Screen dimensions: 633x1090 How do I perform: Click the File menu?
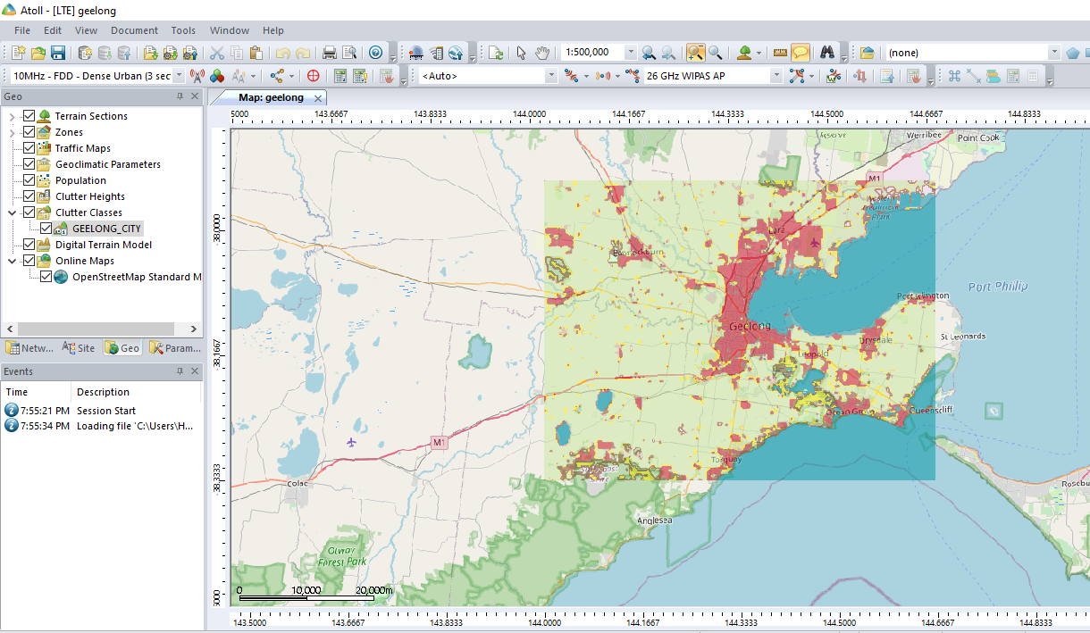click(x=22, y=30)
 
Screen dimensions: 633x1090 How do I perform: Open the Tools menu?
click(x=183, y=30)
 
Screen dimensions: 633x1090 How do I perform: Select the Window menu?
click(x=230, y=30)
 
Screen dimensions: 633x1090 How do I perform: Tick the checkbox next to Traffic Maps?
click(x=29, y=148)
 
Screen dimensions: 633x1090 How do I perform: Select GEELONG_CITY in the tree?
click(x=106, y=229)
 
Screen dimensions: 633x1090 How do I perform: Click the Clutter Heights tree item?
click(x=90, y=196)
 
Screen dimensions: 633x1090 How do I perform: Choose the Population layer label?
click(x=80, y=180)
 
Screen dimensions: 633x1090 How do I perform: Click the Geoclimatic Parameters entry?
click(x=108, y=164)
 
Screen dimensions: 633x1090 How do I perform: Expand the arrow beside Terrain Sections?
click(x=12, y=116)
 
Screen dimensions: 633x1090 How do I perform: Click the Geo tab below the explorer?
click(x=122, y=348)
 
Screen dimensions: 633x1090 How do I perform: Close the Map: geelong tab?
click(x=317, y=97)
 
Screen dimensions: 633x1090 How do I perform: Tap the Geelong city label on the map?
click(x=749, y=326)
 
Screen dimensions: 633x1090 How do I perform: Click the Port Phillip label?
click(x=997, y=287)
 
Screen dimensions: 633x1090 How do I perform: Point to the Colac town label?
click(x=297, y=483)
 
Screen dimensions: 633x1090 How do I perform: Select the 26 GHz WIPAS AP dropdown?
click(x=713, y=76)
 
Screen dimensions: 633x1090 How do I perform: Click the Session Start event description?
click(x=106, y=411)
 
